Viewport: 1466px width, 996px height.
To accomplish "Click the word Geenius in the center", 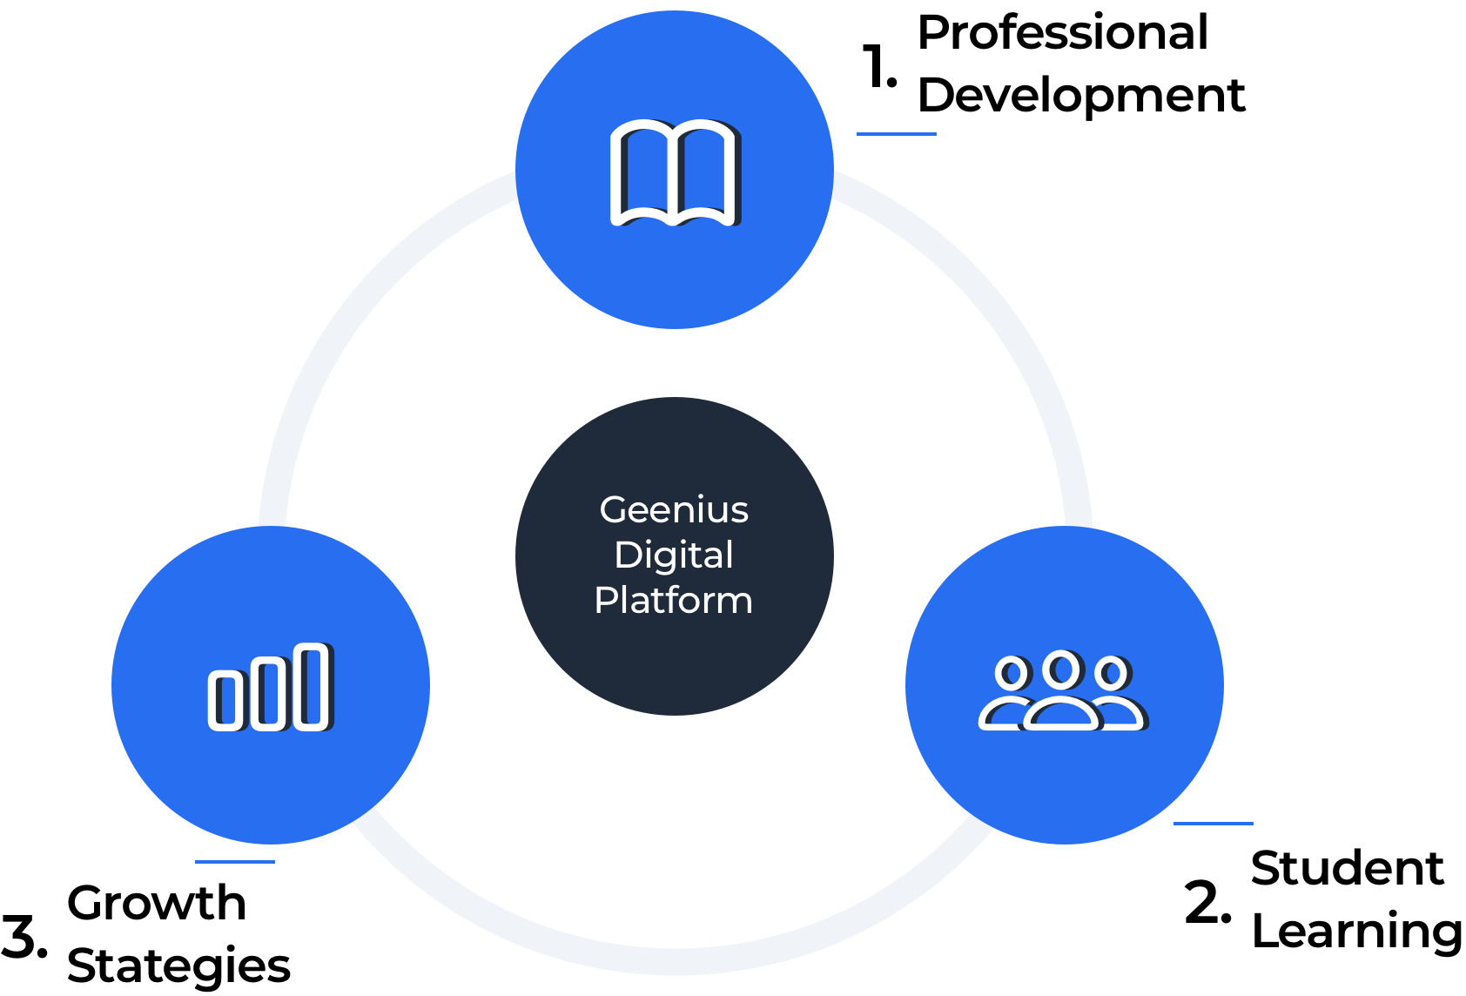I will (674, 510).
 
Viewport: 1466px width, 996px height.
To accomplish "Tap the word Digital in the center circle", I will (674, 555).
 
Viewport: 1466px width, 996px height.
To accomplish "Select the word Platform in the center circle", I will (673, 601).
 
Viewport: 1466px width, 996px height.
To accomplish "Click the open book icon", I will (674, 172).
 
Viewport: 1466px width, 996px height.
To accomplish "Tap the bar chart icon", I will (270, 686).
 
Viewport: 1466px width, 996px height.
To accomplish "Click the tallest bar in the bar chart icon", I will (311, 686).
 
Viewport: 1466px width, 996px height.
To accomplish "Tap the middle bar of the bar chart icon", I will (268, 693).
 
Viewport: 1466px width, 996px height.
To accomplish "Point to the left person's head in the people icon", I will (1012, 673).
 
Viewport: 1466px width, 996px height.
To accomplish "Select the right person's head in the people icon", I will (1112, 673).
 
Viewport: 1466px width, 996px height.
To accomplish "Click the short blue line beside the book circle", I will (896, 134).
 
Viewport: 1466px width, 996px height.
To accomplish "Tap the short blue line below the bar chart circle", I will (235, 862).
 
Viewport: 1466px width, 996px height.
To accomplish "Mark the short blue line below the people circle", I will (1213, 824).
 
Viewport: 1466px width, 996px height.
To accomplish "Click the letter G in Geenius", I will (613, 510).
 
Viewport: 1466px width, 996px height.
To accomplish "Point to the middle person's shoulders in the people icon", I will (1061, 714).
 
